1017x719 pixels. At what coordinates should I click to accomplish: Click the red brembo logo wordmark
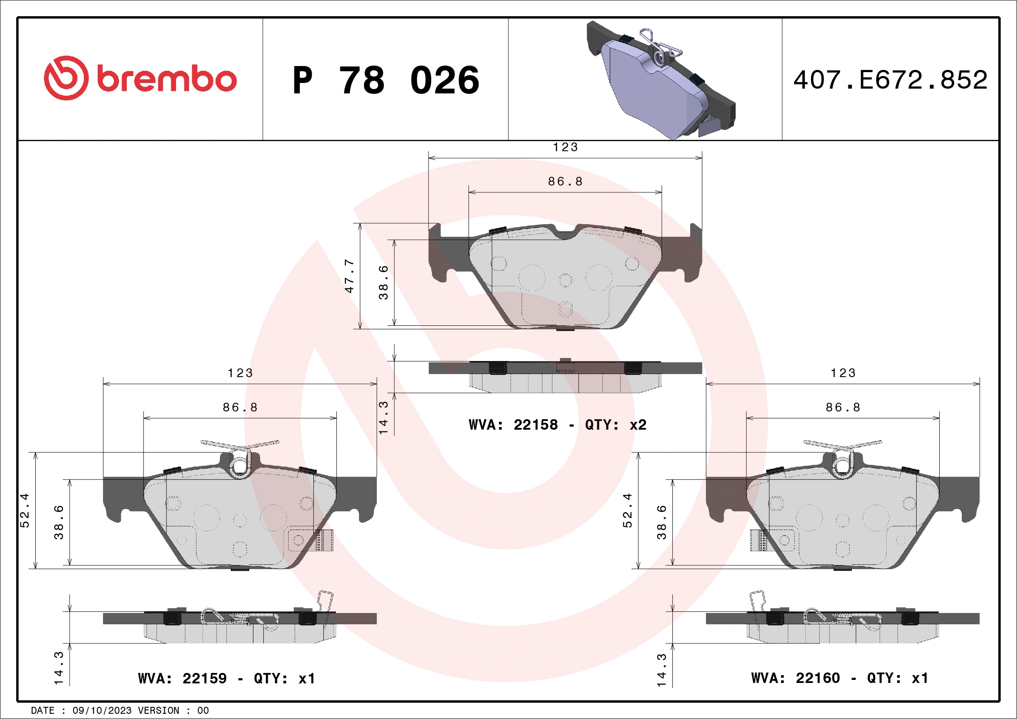pyautogui.click(x=140, y=78)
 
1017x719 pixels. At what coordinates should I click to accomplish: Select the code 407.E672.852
pyautogui.click(x=891, y=80)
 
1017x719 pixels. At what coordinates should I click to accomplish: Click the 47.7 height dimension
pyautogui.click(x=349, y=276)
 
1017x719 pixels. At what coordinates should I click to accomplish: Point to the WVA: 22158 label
pyautogui.click(x=513, y=425)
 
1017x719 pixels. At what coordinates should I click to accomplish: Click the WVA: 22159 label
pyautogui.click(x=182, y=678)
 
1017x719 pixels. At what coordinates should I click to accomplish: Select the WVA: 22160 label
pyautogui.click(x=795, y=678)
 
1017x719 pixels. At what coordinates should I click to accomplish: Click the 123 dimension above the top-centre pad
pyautogui.click(x=565, y=147)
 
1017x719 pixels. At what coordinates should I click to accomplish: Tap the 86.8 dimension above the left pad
pyautogui.click(x=240, y=408)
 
